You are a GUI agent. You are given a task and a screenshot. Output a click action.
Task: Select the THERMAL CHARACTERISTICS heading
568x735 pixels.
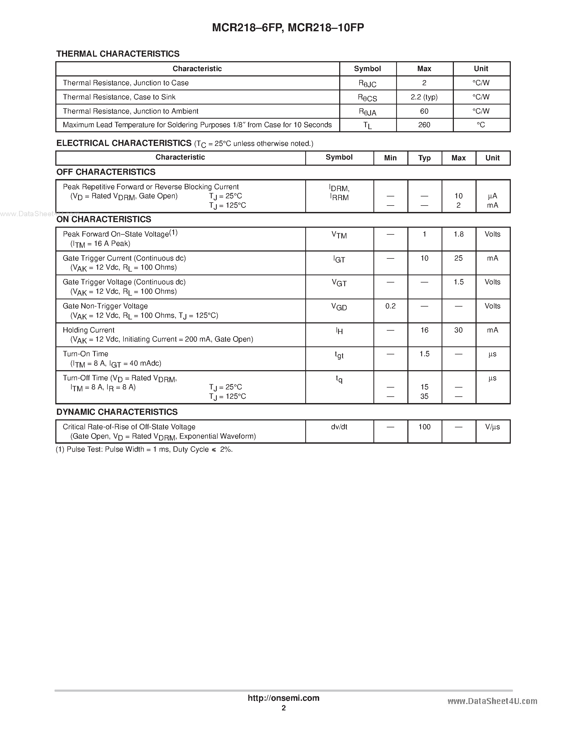click(x=118, y=54)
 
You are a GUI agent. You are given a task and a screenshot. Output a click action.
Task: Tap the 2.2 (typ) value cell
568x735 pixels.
click(x=424, y=97)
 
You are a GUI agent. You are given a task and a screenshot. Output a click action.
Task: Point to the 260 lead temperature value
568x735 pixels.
click(x=424, y=125)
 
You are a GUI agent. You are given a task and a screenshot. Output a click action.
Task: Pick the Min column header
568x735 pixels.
click(x=390, y=158)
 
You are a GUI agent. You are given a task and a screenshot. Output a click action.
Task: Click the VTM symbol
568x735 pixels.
click(x=339, y=235)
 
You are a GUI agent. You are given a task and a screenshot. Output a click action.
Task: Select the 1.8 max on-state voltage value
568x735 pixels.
click(x=458, y=234)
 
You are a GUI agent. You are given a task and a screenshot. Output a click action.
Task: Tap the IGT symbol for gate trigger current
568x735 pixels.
click(x=339, y=259)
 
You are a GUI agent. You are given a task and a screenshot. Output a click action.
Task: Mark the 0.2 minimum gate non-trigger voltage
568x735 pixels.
click(x=390, y=306)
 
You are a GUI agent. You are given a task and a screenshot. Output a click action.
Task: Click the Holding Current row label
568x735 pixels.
click(x=88, y=330)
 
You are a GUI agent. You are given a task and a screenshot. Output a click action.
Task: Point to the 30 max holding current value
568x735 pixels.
click(x=458, y=330)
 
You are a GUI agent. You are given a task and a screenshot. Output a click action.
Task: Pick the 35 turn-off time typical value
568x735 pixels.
click(x=424, y=396)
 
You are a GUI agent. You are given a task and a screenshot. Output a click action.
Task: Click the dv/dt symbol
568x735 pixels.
click(x=339, y=427)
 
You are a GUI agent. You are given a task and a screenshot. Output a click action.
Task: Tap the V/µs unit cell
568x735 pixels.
click(x=492, y=427)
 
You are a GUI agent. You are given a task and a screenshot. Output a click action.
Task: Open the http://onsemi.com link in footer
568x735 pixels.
click(x=283, y=698)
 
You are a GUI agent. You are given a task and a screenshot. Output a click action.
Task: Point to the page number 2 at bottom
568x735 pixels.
click(x=284, y=708)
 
